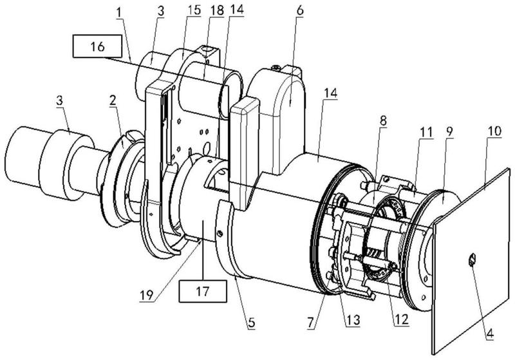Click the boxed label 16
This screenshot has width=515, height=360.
coord(97,46)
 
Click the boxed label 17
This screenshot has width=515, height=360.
coord(203,290)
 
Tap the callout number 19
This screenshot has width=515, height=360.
coord(147,296)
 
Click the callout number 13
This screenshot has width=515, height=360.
coord(353,319)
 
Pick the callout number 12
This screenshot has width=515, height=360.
coord(402,319)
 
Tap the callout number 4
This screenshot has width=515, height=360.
coord(490,334)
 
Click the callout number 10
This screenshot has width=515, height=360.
coord(494,131)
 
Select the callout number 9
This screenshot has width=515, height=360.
coord(449,131)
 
